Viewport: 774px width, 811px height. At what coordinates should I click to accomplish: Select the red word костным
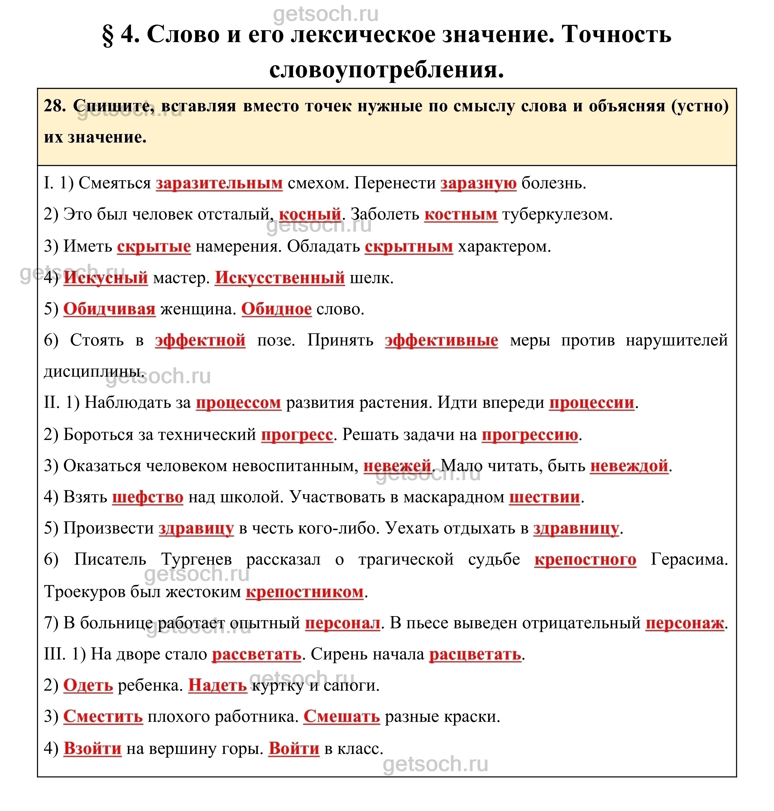pyautogui.click(x=461, y=215)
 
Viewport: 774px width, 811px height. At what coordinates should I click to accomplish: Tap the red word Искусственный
pyautogui.click(x=280, y=278)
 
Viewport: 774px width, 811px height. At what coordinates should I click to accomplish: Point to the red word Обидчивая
pyautogui.click(x=109, y=309)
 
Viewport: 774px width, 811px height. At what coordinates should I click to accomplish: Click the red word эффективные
pyautogui.click(x=441, y=340)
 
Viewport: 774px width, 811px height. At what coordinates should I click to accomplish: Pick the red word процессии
pyautogui.click(x=592, y=403)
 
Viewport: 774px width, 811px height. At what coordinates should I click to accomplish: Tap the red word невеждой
pyautogui.click(x=629, y=466)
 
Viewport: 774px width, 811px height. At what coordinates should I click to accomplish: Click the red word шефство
pyautogui.click(x=148, y=497)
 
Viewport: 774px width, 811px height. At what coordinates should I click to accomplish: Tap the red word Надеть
pyautogui.click(x=218, y=686)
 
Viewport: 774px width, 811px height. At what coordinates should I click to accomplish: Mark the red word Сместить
pyautogui.click(x=103, y=717)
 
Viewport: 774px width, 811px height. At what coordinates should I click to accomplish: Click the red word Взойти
pyautogui.click(x=92, y=749)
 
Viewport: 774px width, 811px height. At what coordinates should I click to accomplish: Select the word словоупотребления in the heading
pyautogui.click(x=386, y=69)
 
